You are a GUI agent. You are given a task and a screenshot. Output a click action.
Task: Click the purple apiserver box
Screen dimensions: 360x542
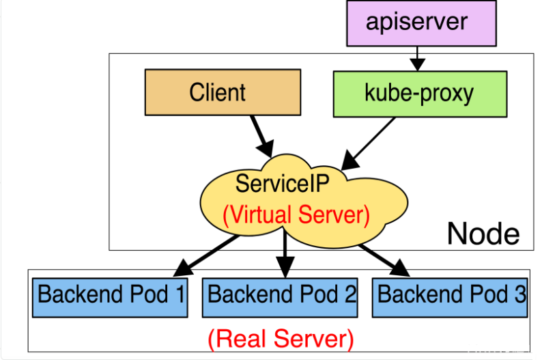(x=416, y=23)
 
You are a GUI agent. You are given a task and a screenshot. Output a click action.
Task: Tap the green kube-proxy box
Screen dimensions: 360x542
(x=419, y=92)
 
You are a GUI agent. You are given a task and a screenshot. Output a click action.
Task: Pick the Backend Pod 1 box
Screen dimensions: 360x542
(x=111, y=296)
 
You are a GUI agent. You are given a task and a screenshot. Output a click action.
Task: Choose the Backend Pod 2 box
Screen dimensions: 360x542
(x=281, y=296)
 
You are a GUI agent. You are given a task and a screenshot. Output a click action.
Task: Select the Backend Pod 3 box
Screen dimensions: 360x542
(x=451, y=296)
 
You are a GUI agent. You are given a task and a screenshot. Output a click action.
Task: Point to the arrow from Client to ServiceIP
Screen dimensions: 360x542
(x=261, y=134)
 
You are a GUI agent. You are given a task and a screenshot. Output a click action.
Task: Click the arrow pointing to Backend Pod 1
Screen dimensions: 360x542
(x=205, y=251)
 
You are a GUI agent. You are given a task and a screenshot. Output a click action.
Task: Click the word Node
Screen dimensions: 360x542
(x=483, y=234)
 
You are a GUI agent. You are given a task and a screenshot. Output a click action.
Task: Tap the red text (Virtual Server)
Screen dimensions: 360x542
(x=296, y=214)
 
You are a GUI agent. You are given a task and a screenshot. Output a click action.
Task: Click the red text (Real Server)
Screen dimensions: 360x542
(x=281, y=337)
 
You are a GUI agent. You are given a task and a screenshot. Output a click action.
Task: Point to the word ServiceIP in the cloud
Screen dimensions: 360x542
(x=282, y=182)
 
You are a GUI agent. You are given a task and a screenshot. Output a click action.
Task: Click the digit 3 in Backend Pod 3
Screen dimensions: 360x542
(x=520, y=294)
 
